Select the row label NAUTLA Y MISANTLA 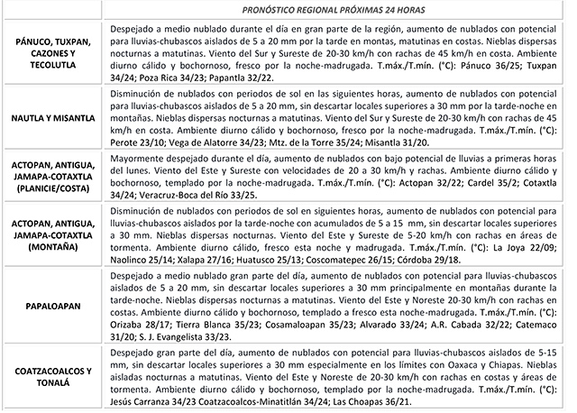pyautogui.click(x=51, y=117)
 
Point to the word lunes pyautogui.click(x=122, y=179)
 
